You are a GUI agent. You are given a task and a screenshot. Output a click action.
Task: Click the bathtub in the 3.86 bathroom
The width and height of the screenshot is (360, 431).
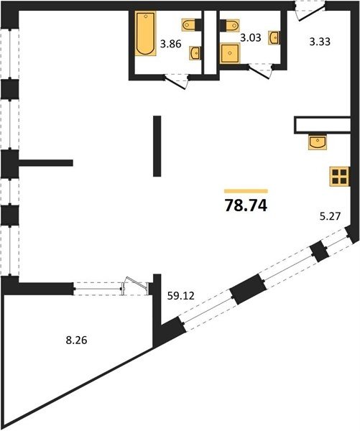145,34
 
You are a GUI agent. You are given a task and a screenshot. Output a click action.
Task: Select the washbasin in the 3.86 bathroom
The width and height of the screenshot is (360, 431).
195,52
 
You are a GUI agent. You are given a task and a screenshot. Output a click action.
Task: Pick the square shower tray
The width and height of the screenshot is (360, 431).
230,53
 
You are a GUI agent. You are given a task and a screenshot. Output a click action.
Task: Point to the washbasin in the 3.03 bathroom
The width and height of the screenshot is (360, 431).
274,37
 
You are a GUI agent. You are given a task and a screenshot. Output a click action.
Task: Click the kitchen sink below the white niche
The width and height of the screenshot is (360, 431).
318,142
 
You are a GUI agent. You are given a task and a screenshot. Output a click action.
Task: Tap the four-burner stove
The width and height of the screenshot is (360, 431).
340,177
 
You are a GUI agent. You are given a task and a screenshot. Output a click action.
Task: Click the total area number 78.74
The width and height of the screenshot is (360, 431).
246,205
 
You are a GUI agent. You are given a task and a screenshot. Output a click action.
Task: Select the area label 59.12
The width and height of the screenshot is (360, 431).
180,296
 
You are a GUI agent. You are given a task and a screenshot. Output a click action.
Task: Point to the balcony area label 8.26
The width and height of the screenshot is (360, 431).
76,340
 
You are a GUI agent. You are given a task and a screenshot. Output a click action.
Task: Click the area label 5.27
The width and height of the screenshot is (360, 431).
330,216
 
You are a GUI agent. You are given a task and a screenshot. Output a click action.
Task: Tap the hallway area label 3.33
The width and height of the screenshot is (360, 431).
320,42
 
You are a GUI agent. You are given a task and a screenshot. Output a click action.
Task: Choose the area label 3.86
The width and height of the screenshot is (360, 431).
171,44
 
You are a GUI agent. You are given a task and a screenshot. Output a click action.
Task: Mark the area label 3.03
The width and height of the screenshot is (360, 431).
251,37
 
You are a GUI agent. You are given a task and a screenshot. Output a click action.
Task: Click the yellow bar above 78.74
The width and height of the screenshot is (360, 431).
246,191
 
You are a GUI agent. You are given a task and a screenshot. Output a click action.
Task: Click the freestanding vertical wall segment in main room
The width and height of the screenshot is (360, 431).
157,146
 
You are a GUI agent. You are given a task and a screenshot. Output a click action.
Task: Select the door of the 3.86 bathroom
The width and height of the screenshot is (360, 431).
176,82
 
